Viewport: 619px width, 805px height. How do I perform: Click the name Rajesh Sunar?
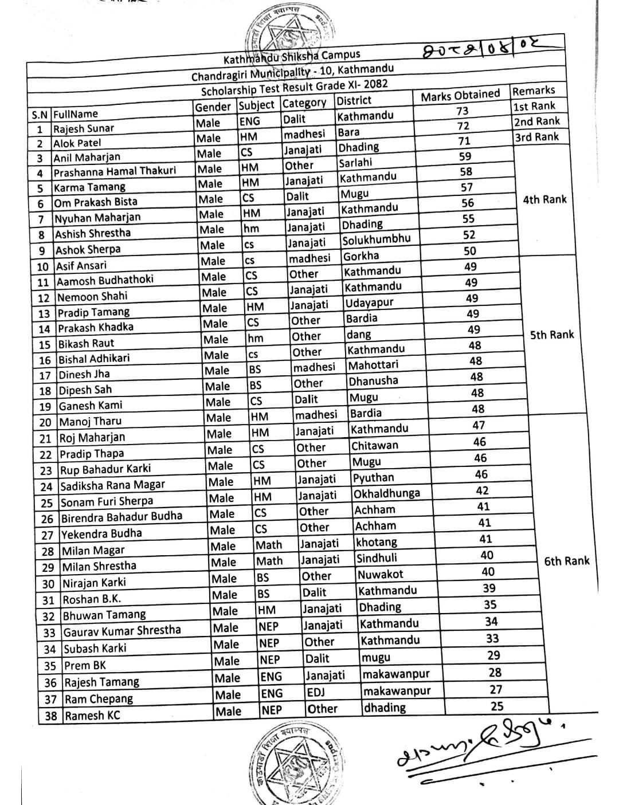click(x=84, y=128)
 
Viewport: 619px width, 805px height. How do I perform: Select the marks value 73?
click(x=463, y=111)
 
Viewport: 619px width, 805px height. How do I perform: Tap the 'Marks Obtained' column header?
click(x=460, y=96)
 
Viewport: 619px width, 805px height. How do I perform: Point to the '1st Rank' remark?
click(x=534, y=106)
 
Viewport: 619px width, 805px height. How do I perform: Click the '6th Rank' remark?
click(x=566, y=561)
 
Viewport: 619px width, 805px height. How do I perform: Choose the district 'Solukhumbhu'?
click(x=376, y=239)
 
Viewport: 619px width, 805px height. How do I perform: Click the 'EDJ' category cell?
click(x=316, y=692)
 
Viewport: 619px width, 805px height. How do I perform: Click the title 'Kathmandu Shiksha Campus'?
click(x=292, y=56)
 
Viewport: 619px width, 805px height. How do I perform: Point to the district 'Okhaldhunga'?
click(x=386, y=493)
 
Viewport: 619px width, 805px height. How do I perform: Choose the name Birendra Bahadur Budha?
click(x=122, y=517)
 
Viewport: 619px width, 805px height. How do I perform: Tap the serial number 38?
click(x=50, y=716)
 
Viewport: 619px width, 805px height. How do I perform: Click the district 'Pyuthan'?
click(x=373, y=477)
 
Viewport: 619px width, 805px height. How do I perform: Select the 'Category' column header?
click(x=304, y=103)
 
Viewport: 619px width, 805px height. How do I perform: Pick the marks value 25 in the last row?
click(x=497, y=706)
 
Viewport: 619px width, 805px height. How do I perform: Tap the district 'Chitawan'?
click(x=374, y=445)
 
